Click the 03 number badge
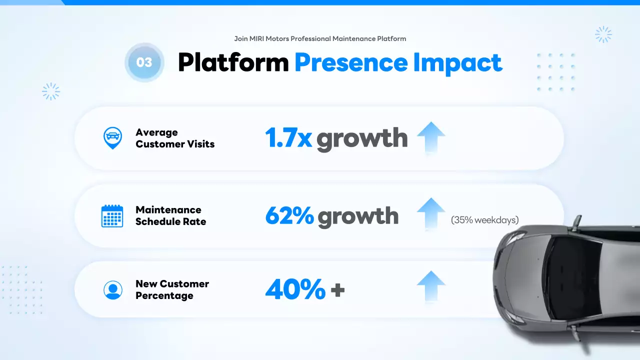[x=144, y=62]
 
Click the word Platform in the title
[x=233, y=63]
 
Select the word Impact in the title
[x=457, y=63]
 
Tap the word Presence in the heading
[x=350, y=63]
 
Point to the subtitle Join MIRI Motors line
[x=320, y=38]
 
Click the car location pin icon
[x=112, y=137]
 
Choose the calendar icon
[x=112, y=216]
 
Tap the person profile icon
[x=112, y=289]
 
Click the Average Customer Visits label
[x=174, y=138]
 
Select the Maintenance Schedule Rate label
[x=170, y=215]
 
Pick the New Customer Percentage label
[x=172, y=289]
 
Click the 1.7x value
[x=288, y=137]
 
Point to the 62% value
[x=289, y=215]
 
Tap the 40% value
[x=295, y=289]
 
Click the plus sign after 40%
[x=338, y=290]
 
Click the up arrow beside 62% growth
[x=430, y=213]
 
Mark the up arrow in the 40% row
[x=430, y=286]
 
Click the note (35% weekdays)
[x=484, y=219]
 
